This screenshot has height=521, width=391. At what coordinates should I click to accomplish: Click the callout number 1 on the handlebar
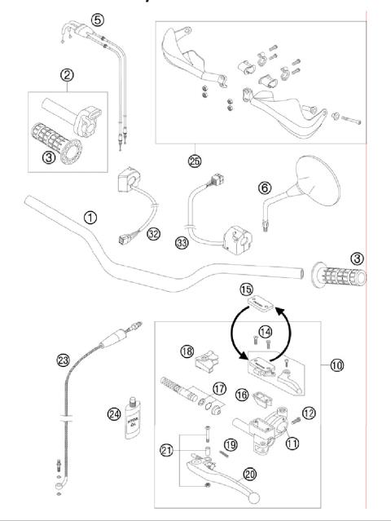(90, 218)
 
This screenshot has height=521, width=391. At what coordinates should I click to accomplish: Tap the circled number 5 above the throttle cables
(97, 19)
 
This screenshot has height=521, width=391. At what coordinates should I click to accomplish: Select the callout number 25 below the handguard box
(192, 161)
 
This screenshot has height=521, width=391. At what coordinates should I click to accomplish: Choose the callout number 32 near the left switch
(152, 233)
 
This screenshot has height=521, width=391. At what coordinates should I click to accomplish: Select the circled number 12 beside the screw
(308, 412)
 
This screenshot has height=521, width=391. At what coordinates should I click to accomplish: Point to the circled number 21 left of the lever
(167, 448)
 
